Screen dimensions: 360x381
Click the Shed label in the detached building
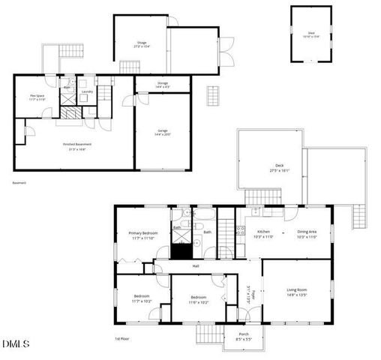[310, 33]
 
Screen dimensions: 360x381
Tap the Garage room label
[163, 130]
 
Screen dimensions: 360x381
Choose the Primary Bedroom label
[142, 233]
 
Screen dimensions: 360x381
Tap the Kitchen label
[264, 232]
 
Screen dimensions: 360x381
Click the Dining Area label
[307, 232]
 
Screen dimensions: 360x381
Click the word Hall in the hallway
[196, 265]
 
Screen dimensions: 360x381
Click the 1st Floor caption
[123, 339]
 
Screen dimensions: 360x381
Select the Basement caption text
[19, 182]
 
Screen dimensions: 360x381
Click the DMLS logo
[15, 344]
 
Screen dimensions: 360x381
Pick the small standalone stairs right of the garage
[214, 95]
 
